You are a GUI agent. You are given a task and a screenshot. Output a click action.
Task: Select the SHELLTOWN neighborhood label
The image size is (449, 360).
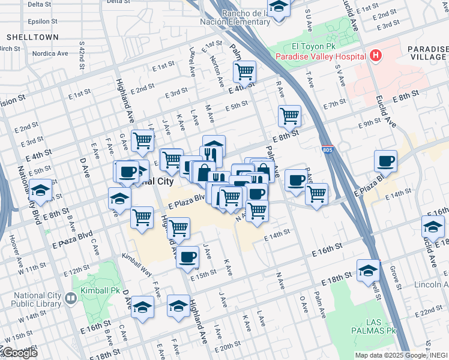32,37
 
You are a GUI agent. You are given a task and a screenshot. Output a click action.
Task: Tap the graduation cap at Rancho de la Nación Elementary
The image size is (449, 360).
279,7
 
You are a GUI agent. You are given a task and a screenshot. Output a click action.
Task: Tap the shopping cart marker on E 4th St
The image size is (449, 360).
244,72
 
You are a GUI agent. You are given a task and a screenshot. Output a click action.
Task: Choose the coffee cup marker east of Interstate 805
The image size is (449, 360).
385,161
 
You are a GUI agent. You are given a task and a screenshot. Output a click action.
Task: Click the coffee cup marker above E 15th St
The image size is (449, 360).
187,257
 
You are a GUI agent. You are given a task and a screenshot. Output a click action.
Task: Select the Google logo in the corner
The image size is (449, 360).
19,353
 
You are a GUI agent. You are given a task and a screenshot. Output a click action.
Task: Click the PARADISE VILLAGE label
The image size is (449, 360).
427,54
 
